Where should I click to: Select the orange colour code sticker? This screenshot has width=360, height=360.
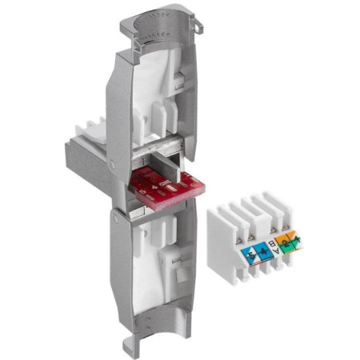tap(289, 239)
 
